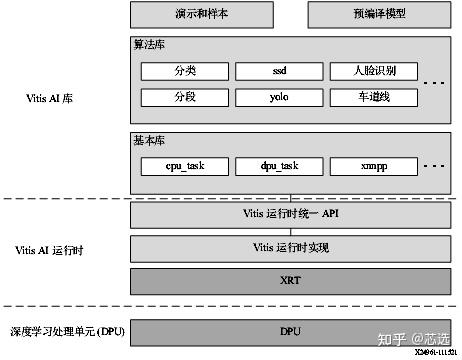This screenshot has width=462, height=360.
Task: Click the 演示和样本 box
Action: click(x=209, y=14)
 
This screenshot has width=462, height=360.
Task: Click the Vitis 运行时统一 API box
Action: click(x=290, y=214)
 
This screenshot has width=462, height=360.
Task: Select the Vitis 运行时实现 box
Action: click(x=290, y=247)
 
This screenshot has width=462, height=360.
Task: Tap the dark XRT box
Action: click(x=290, y=280)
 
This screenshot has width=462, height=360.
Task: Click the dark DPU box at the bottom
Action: click(x=290, y=331)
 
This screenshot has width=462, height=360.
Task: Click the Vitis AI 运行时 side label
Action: click(x=52, y=248)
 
